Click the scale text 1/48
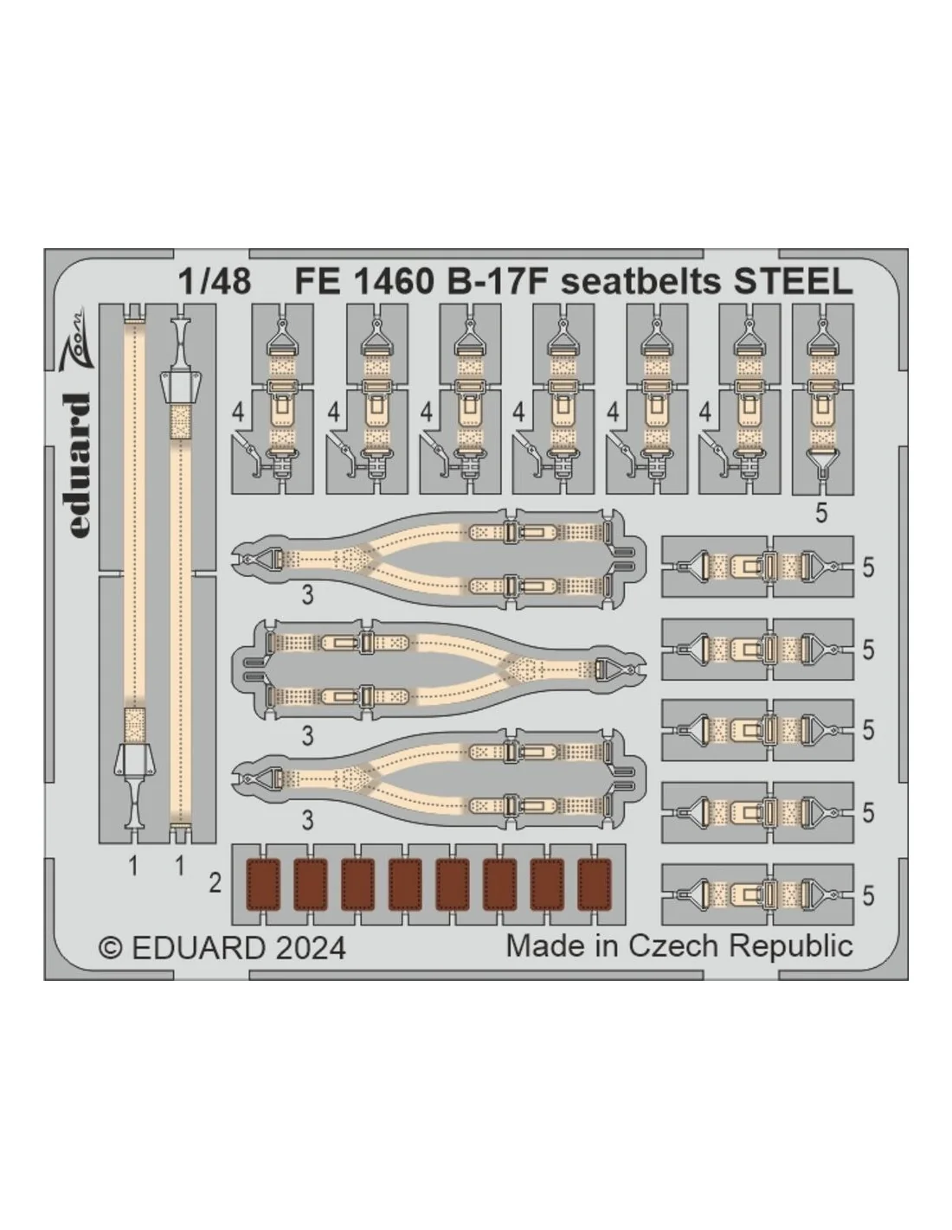point(214,281)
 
